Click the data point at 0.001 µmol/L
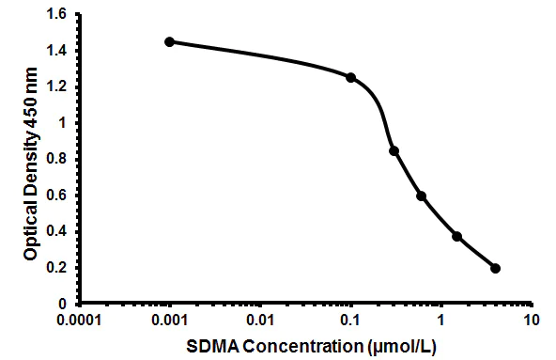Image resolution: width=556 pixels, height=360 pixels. (169, 41)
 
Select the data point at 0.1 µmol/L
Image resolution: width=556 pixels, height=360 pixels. (351, 77)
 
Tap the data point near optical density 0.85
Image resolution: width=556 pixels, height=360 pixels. (394, 150)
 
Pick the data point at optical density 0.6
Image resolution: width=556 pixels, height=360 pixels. (422, 196)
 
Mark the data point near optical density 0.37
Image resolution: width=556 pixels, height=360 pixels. (457, 236)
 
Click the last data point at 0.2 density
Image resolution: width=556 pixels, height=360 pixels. (495, 268)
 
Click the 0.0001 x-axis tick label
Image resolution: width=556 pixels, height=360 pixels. (78, 321)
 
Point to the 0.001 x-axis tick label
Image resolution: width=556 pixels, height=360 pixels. (170, 321)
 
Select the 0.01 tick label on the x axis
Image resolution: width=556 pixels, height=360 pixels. (261, 321)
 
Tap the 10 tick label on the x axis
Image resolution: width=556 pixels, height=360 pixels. (532, 321)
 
